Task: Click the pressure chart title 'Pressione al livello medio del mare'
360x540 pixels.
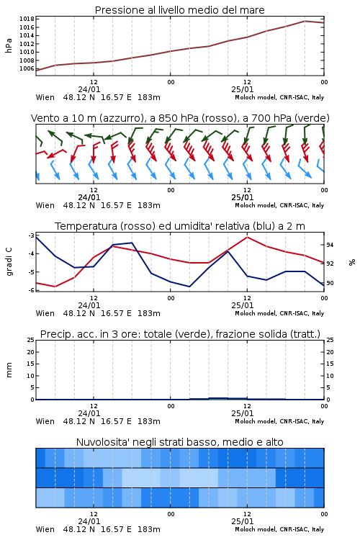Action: (179, 10)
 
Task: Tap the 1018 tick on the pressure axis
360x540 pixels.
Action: (27, 19)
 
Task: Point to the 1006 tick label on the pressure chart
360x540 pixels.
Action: (27, 68)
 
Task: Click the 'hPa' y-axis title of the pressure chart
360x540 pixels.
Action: (9, 45)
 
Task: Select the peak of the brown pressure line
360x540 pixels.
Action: (305, 21)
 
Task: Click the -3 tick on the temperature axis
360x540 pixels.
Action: (31, 235)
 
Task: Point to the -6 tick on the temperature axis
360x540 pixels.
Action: (31, 290)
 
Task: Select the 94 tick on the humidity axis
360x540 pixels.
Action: (330, 245)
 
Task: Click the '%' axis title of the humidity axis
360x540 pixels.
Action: (352, 262)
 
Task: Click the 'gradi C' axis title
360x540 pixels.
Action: (9, 261)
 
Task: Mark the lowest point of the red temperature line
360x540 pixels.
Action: (55, 287)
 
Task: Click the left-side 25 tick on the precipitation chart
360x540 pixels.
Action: (31, 340)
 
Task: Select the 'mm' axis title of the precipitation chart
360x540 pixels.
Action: (9, 369)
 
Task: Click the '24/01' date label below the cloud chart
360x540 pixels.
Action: (89, 521)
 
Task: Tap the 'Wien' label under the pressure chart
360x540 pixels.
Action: (45, 97)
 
